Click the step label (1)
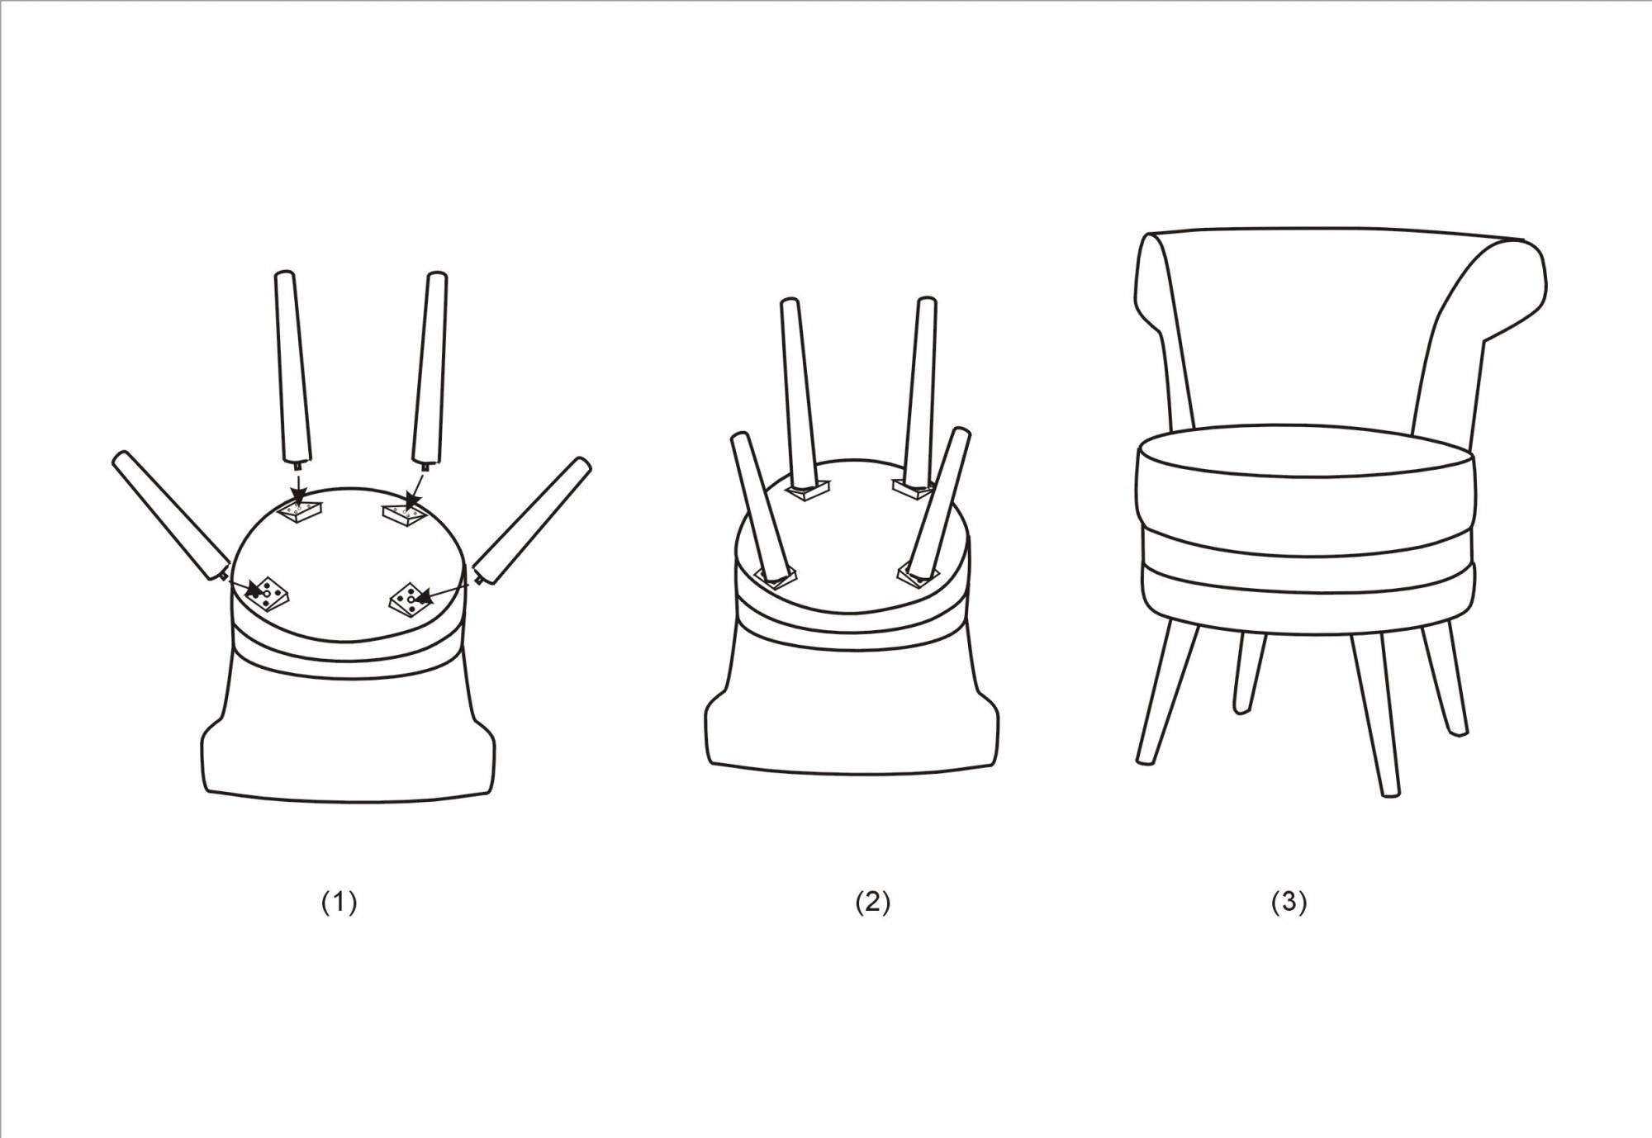339,903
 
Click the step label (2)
873,903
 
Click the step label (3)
1289,903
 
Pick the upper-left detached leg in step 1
292,367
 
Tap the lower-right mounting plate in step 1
411,600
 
